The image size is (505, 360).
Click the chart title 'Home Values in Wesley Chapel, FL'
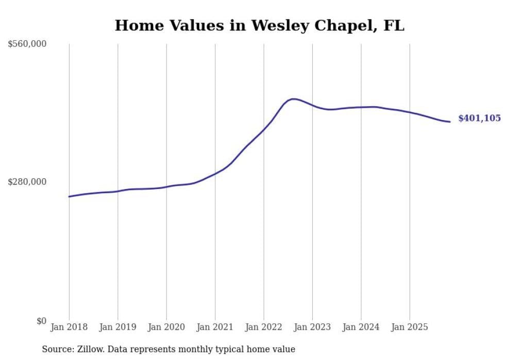click(259, 25)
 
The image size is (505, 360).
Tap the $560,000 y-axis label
click(27, 44)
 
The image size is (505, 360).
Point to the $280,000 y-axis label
click(27, 182)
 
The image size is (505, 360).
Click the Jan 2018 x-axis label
click(69, 327)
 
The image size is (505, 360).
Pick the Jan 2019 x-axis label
click(117, 327)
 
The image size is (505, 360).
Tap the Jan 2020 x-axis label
click(166, 327)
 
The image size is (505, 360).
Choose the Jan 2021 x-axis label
click(215, 327)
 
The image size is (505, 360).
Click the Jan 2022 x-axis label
click(264, 327)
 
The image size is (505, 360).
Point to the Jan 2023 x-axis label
click(312, 327)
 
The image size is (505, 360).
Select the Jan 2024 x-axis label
click(361, 327)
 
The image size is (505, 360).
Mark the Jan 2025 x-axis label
click(410, 327)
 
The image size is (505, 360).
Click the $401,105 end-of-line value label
click(479, 118)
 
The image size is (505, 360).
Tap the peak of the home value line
click(293, 99)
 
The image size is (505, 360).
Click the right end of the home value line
click(450, 122)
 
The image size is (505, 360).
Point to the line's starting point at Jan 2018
click(69, 196)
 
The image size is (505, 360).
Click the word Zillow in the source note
click(90, 349)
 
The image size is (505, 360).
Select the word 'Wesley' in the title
click(277, 25)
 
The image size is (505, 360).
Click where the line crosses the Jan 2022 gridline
click(264, 129)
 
